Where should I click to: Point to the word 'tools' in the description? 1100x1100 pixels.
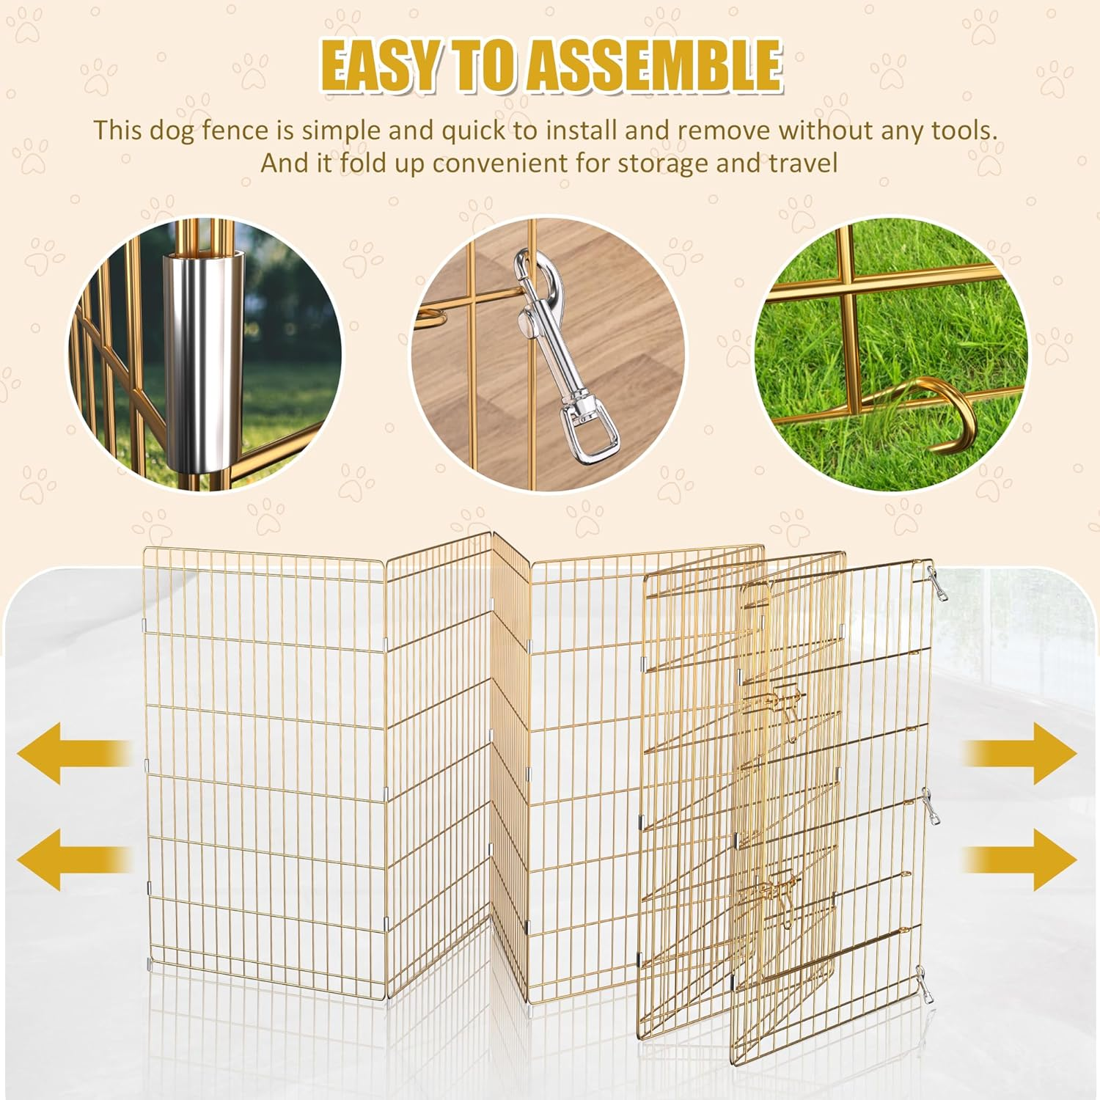coord(964,131)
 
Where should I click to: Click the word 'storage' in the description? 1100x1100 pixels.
coord(663,163)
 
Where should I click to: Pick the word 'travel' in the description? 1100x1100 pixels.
coord(802,163)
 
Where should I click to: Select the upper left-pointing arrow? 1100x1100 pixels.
coord(73,753)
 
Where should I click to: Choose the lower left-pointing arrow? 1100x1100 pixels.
coord(73,859)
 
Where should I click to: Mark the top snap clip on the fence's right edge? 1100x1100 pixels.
coord(936,583)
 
